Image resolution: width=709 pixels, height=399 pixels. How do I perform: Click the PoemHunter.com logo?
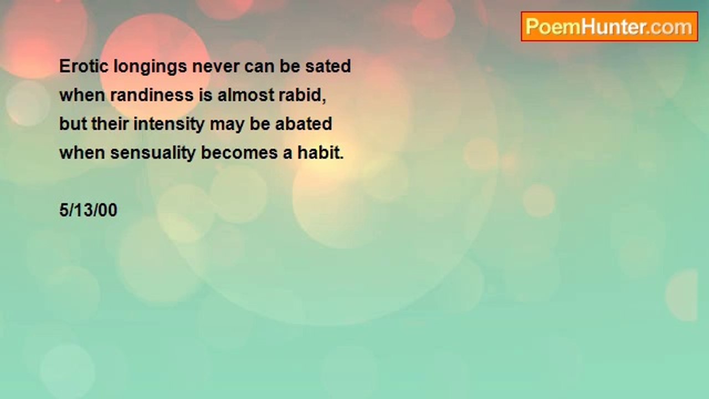pos(609,27)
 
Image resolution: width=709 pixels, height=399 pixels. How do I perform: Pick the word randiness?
pos(152,95)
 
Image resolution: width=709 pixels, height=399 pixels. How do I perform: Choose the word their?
pos(110,124)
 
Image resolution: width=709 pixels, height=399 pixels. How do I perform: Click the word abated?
pos(304,124)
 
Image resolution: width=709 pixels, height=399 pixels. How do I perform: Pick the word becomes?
pos(240,152)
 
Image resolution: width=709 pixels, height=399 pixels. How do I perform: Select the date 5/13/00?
pos(88,210)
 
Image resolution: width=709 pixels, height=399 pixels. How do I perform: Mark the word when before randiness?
pos(83,95)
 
